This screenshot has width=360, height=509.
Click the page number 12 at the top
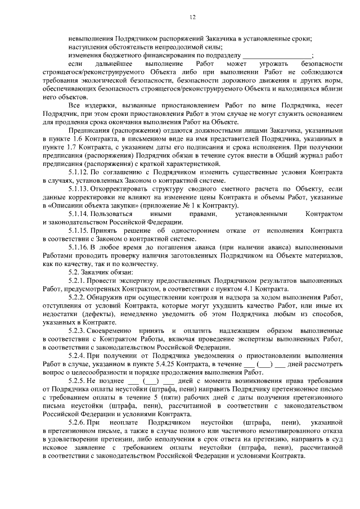[x=192, y=19]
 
